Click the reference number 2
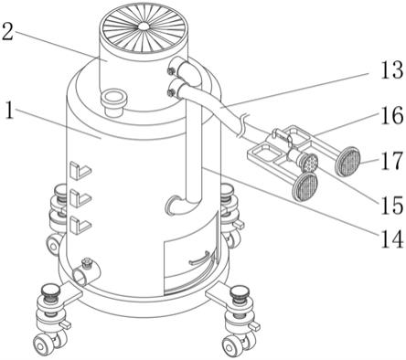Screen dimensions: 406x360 tap(7, 32)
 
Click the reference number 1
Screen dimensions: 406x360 tap(10, 111)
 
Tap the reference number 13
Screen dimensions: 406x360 tap(391, 69)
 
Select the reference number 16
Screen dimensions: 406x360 tap(392, 116)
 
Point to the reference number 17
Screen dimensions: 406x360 tap(392, 161)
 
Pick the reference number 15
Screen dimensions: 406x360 tap(392, 205)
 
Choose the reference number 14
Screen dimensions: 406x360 tap(392, 238)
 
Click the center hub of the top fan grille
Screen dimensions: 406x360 tap(144, 26)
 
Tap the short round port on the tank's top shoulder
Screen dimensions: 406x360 tap(113, 102)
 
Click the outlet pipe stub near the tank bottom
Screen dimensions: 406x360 tap(86, 272)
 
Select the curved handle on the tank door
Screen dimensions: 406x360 tap(199, 259)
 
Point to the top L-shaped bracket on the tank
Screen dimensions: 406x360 tap(80, 170)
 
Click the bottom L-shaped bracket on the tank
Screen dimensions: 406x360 tap(80, 224)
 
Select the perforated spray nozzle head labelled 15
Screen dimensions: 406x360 tap(309, 163)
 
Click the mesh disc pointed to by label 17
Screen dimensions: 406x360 tap(347, 161)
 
